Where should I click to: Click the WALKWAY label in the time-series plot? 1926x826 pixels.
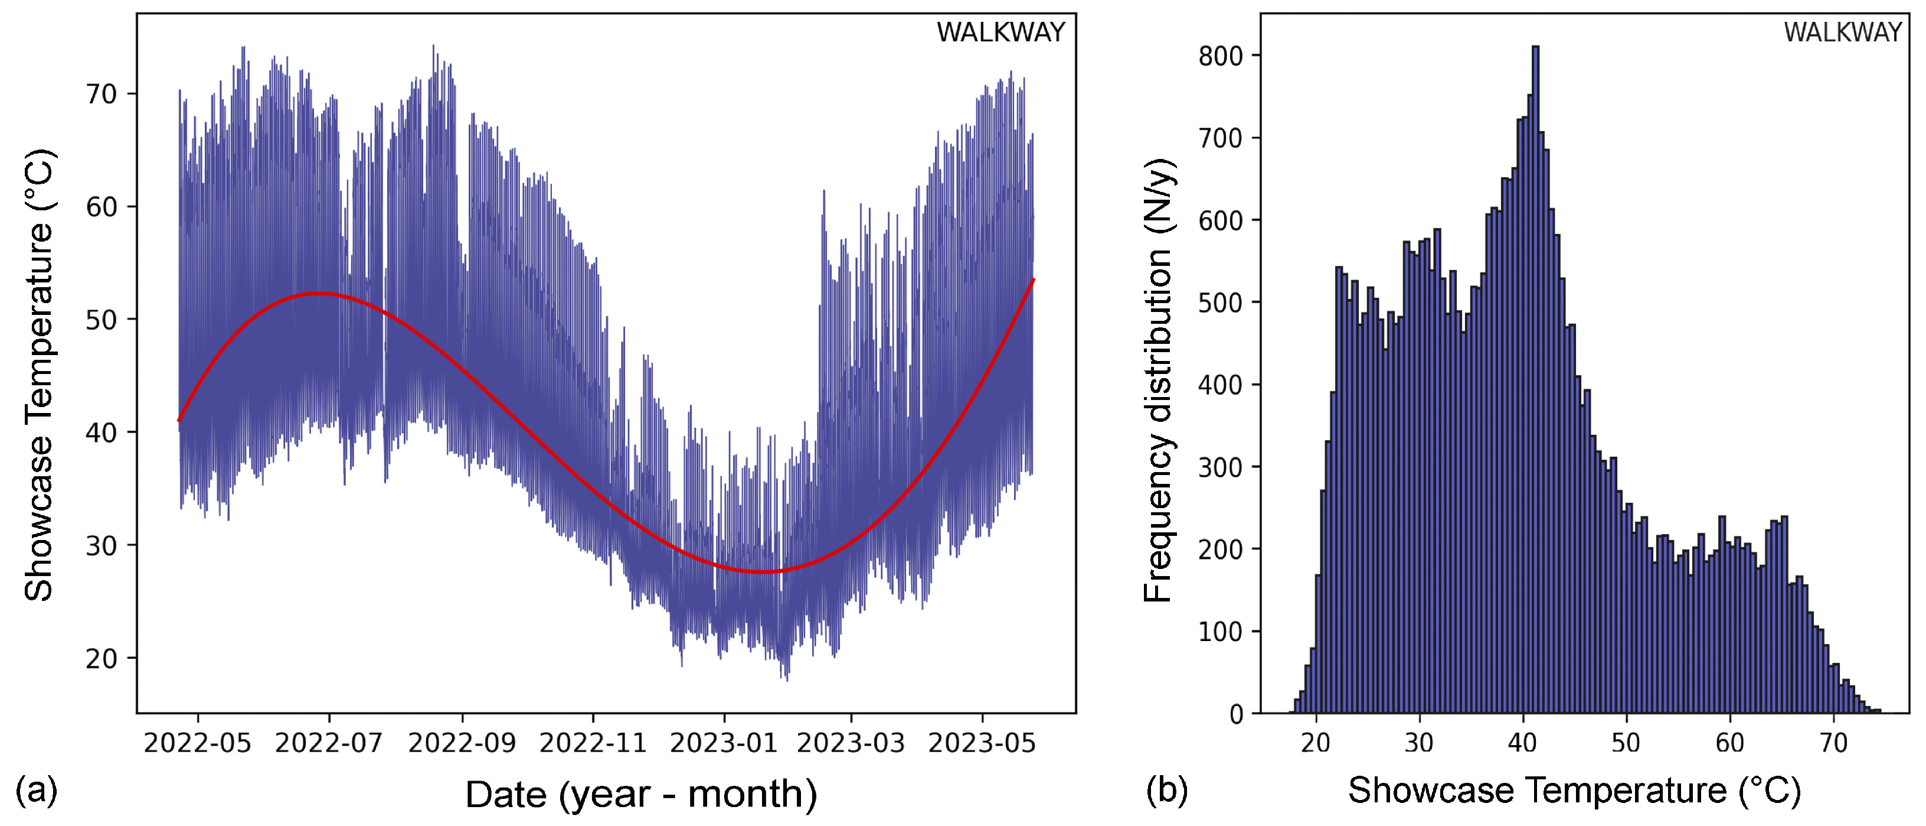point(1000,32)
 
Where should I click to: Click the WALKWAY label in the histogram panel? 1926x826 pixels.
point(1842,32)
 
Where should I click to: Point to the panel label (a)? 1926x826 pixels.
point(36,790)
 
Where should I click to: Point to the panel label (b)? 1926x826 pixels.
point(1166,790)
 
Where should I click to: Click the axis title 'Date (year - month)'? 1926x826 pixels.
point(641,794)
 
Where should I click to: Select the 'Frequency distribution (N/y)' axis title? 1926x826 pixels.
point(1158,380)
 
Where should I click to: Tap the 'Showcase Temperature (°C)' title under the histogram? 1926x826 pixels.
point(1574,790)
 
